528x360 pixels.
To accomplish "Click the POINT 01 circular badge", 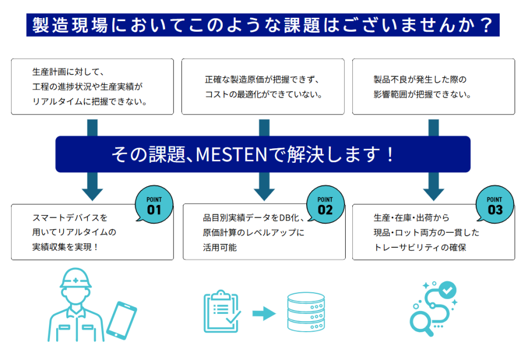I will point(154,205).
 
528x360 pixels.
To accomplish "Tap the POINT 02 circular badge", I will point(325,205).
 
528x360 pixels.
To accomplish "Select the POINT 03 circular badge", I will point(495,205).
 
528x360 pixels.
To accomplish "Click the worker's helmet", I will point(74,278).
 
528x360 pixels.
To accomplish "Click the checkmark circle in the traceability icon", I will point(447,289).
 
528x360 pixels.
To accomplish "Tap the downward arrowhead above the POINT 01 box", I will point(92,192).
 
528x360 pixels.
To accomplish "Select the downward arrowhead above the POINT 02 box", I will point(265,192).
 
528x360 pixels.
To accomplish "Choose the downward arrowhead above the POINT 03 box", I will point(434,192).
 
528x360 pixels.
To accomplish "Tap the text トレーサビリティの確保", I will point(420,247).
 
